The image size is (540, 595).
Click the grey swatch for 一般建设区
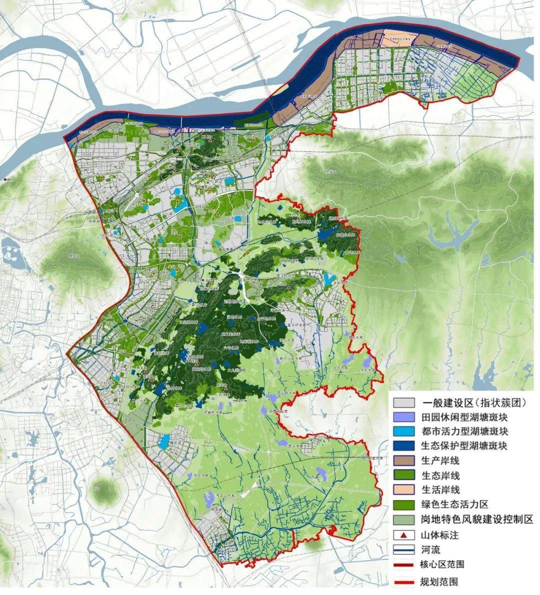(x=403, y=402)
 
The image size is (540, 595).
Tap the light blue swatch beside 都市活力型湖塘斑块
(x=403, y=431)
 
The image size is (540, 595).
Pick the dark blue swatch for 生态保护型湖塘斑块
(x=403, y=446)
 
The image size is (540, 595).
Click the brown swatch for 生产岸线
(x=403, y=460)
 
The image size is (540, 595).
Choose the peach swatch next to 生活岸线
(x=403, y=490)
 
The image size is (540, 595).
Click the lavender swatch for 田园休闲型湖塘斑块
(x=403, y=417)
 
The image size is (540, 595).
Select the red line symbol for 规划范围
(x=403, y=581)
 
